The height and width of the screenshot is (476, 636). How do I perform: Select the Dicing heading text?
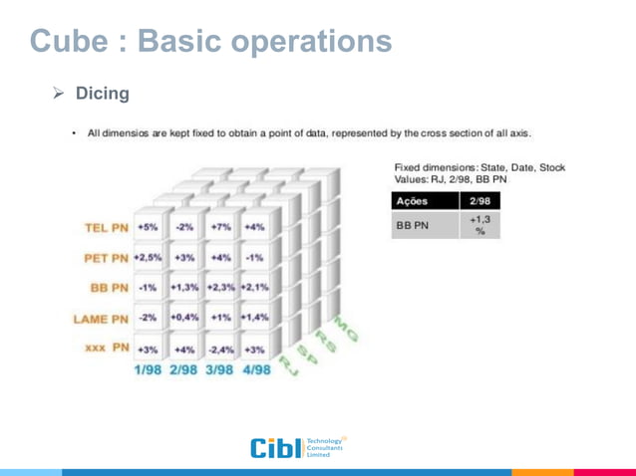(103, 95)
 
